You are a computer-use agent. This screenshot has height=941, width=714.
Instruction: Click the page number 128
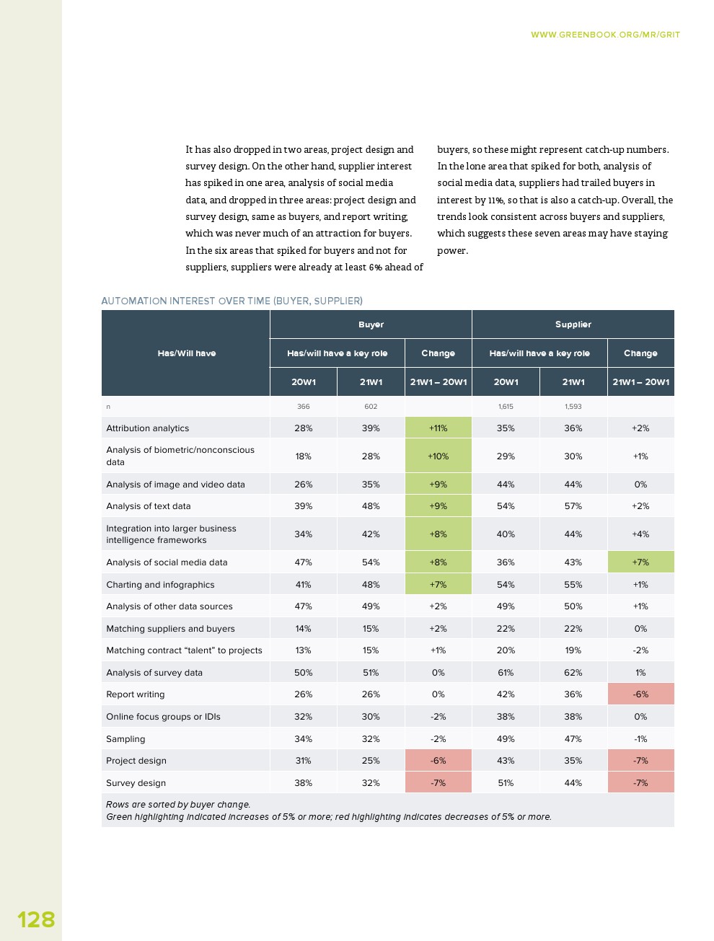(x=36, y=919)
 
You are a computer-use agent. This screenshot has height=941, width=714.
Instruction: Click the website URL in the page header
(x=605, y=35)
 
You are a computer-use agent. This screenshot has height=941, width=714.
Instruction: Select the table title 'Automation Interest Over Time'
(x=232, y=301)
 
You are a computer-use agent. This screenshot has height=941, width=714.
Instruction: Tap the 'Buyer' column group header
(x=371, y=324)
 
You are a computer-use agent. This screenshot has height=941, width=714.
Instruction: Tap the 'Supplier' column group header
(x=573, y=324)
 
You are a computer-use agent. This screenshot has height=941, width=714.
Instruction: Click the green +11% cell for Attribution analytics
(x=438, y=428)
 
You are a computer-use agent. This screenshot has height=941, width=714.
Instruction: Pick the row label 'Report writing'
(x=136, y=694)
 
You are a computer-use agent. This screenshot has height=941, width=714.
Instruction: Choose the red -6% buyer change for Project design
(x=438, y=761)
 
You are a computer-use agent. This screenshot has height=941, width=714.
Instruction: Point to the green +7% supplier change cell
(x=640, y=562)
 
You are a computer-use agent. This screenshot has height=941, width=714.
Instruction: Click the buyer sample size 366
(x=303, y=407)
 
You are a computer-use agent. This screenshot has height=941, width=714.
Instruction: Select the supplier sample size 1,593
(x=573, y=407)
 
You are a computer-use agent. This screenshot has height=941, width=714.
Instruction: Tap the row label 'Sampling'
(x=125, y=739)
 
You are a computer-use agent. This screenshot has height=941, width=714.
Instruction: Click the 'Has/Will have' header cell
(x=186, y=353)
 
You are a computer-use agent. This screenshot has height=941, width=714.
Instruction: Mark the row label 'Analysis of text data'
(x=149, y=506)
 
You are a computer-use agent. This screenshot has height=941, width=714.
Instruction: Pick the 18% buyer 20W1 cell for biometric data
(x=303, y=456)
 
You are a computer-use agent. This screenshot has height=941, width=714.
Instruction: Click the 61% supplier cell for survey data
(x=506, y=673)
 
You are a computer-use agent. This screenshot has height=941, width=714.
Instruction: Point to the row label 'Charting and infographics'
(x=160, y=585)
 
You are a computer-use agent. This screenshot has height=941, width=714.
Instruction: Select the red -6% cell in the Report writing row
(x=640, y=694)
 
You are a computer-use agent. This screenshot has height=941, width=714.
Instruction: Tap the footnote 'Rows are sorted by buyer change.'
(x=178, y=805)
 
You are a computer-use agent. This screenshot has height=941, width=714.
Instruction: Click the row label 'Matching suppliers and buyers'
(x=170, y=629)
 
